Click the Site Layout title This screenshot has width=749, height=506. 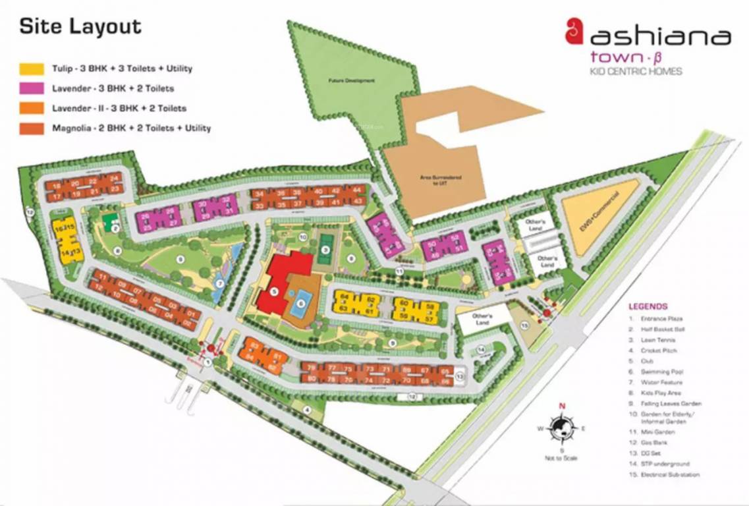80,27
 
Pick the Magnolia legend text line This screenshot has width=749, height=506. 131,128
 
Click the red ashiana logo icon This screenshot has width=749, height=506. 574,31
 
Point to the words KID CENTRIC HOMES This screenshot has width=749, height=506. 636,71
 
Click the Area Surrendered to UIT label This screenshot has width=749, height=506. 433,180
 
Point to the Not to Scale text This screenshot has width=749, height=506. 561,458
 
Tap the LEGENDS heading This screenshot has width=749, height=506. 648,306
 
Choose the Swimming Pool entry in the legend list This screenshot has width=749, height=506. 663,372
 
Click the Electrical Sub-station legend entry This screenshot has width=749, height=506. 669,474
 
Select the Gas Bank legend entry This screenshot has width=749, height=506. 656,442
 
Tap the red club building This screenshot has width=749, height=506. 281,283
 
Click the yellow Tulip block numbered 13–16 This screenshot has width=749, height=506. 67,240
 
